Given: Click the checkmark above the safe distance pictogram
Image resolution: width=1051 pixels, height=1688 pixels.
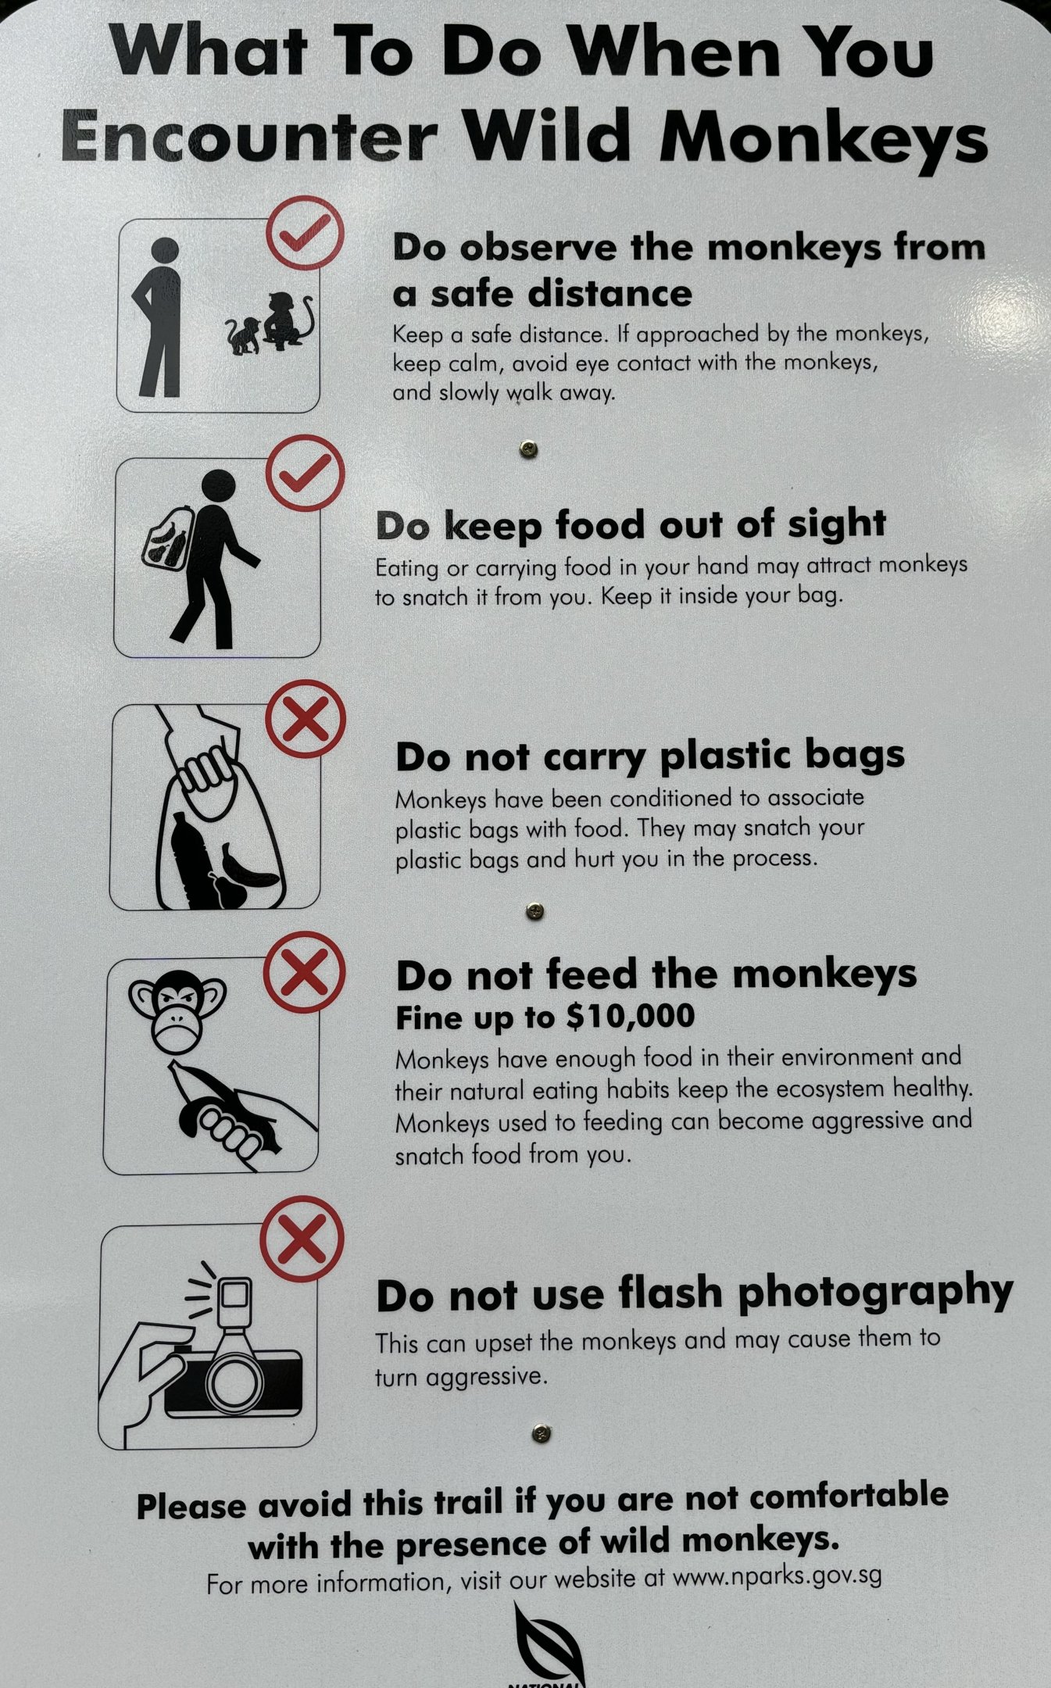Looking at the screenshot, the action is click(x=305, y=233).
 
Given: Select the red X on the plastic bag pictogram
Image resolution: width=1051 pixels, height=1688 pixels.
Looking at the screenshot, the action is click(x=306, y=719).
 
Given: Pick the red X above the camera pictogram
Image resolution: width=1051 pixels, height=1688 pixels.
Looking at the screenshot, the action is click(x=302, y=1239).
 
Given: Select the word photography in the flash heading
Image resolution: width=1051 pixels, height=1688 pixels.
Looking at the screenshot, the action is click(x=875, y=1293).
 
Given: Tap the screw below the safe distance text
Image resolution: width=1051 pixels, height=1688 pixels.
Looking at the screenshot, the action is click(x=529, y=449).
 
